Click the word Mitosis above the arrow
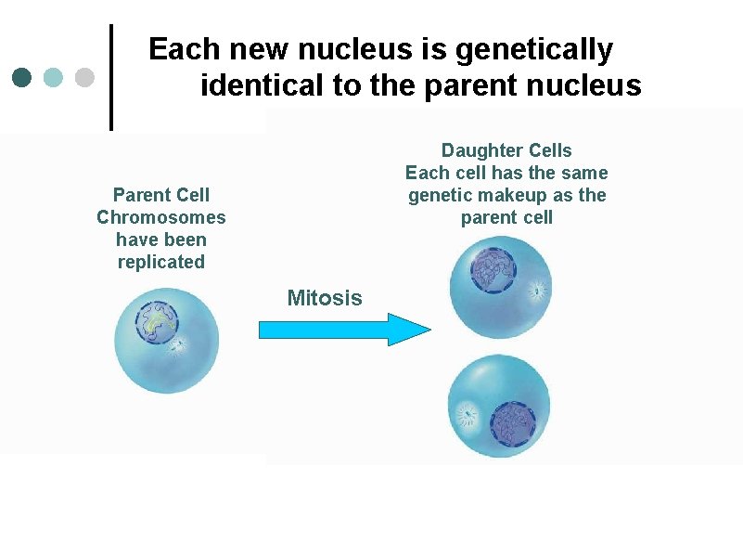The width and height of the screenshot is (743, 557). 325,298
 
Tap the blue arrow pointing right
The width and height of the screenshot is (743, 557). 343,330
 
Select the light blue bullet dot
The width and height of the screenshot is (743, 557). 54,77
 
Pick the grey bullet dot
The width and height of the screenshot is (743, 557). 83,77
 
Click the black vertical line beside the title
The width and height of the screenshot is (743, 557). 112,76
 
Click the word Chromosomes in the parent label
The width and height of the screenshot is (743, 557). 161,217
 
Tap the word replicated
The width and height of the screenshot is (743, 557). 161,262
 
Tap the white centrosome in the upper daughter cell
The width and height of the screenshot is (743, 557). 536,291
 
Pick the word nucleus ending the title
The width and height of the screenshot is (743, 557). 587,86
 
